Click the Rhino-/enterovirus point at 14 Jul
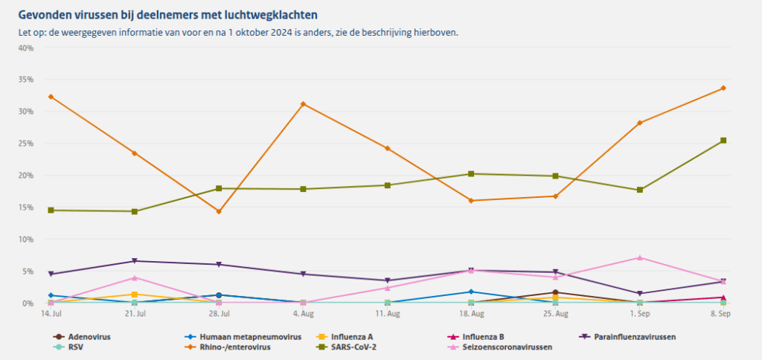pos(51,97)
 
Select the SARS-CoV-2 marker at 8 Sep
pos(723,141)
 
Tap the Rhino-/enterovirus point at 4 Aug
pos(303,103)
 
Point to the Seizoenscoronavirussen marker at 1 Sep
pos(639,257)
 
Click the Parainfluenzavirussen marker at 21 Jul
pos(135,261)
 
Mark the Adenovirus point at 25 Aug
pos(555,292)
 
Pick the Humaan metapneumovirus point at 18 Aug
pos(471,292)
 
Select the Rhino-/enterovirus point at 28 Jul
pos(219,211)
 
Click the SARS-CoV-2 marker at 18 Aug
pos(471,174)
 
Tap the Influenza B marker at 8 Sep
pos(723,298)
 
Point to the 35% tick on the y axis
pos(25,80)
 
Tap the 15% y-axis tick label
pos(25,208)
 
